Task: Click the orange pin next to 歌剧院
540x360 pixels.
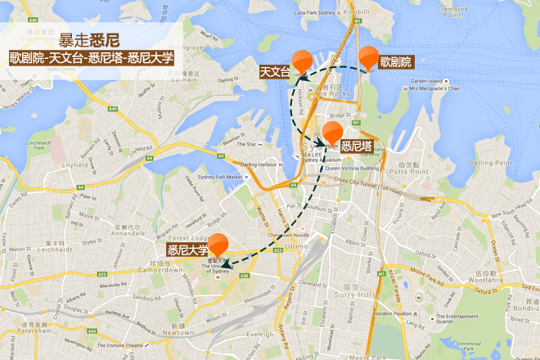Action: (368, 57)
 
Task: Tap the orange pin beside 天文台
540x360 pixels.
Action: (303, 61)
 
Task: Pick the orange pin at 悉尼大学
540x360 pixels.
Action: (218, 244)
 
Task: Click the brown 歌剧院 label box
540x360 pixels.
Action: (395, 62)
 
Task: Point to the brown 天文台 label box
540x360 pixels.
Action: (275, 72)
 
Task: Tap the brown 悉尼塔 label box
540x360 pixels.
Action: (357, 146)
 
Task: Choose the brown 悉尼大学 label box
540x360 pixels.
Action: (187, 250)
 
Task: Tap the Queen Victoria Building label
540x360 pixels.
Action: (354, 168)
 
